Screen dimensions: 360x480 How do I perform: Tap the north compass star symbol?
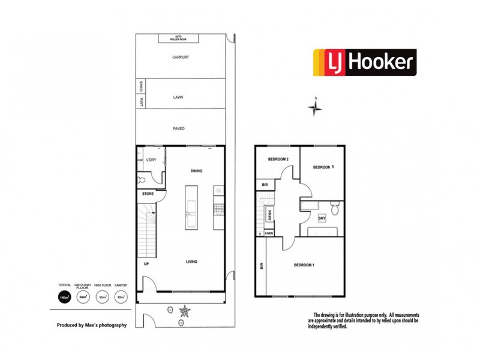point(315,108)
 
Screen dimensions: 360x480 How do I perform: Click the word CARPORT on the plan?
point(181,58)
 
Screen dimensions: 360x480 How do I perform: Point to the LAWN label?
point(178,96)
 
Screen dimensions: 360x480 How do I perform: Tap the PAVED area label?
point(179,128)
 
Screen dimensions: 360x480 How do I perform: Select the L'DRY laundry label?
point(152,160)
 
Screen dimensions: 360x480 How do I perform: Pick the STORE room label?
point(148,194)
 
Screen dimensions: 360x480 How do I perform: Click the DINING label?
point(196,171)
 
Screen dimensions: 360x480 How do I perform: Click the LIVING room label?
point(191,262)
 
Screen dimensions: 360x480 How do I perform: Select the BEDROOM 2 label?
point(278,159)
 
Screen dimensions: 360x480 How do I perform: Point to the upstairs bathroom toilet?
point(336,208)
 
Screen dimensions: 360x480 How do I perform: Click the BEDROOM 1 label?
point(305,265)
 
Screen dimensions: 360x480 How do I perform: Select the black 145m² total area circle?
point(64,297)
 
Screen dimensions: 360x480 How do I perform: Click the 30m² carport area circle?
point(121,297)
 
